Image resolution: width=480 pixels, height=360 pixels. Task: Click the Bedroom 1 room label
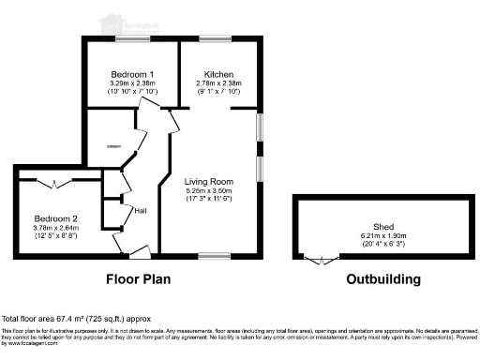[132, 74]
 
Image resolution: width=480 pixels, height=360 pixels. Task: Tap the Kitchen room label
[219, 74]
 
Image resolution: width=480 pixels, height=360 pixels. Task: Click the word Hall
[141, 210]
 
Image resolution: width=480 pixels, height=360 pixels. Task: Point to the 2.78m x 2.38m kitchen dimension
[219, 83]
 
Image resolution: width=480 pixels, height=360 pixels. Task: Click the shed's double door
[323, 260]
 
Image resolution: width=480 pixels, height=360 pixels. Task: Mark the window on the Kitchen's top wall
[212, 39]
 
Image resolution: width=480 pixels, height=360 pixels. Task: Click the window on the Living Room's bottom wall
[215, 254]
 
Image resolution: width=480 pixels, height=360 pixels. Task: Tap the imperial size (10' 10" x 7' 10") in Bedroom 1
[132, 92]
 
